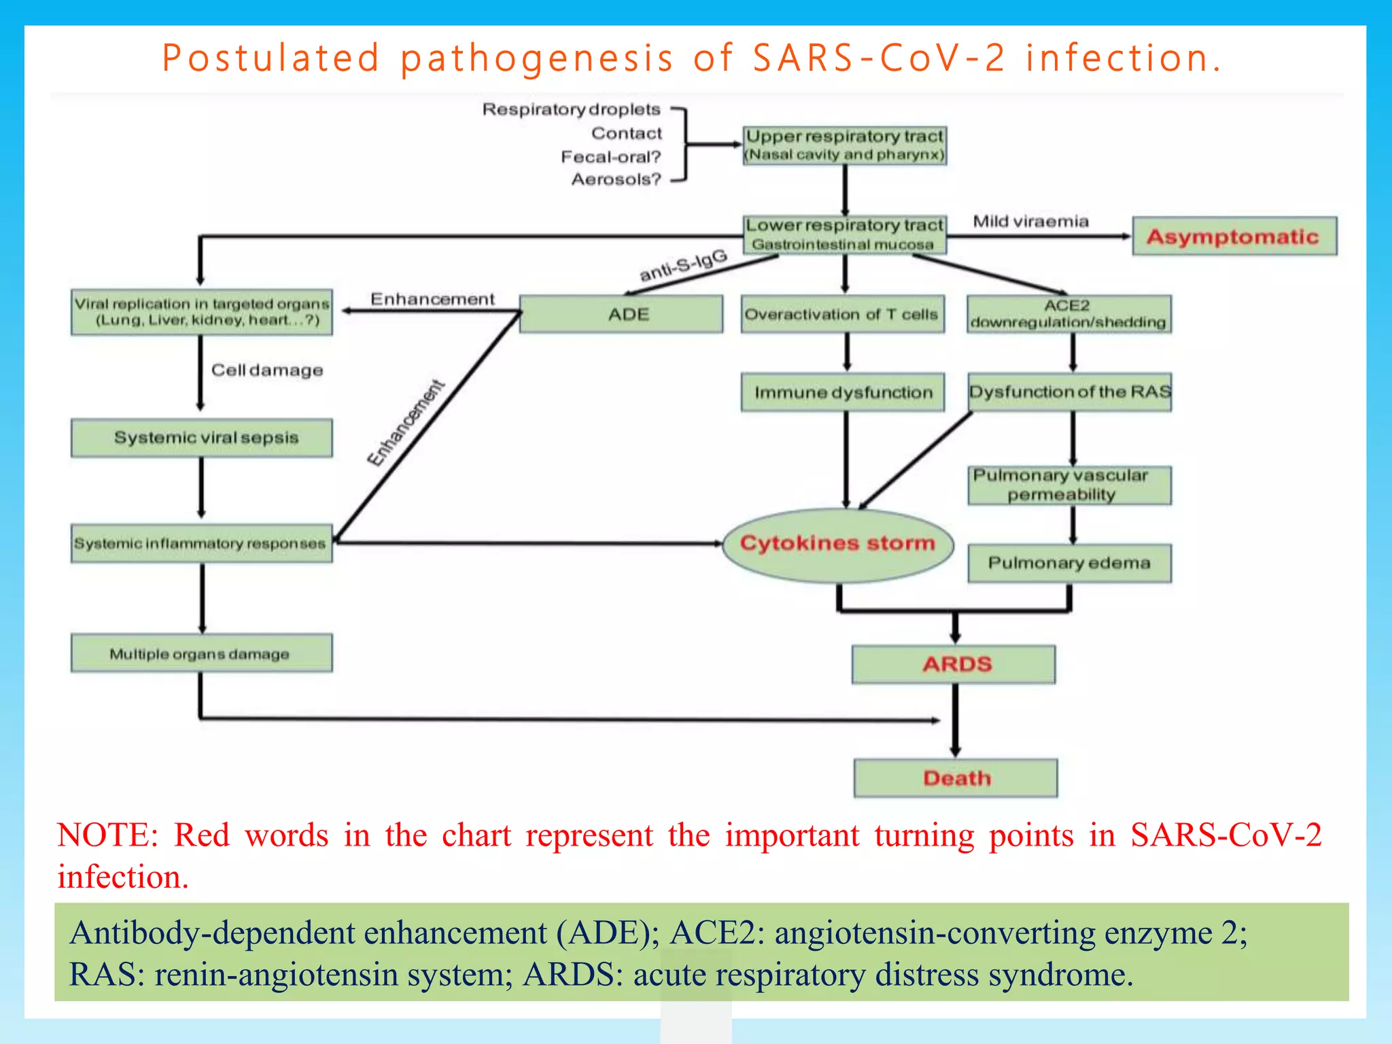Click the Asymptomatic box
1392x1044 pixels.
tap(1234, 237)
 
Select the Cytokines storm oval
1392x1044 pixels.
tap(837, 544)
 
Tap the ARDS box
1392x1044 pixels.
tap(954, 664)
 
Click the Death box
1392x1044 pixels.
tap(956, 778)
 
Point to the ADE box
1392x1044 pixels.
tap(621, 314)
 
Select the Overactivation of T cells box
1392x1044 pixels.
tap(842, 314)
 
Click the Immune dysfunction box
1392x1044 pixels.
tap(842, 392)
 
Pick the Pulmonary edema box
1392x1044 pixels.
tap(1069, 563)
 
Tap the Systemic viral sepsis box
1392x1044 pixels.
tap(202, 437)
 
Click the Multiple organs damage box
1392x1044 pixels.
tap(202, 653)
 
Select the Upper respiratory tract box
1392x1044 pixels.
tap(844, 145)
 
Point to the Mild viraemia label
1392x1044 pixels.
tap(1030, 222)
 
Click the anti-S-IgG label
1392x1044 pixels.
tap(683, 266)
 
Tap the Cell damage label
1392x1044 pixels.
tap(267, 370)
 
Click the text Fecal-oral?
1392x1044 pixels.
tap(610, 157)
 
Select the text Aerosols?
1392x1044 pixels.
tap(616, 179)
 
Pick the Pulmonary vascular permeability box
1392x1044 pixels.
tap(1069, 485)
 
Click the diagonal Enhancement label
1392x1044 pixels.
tap(406, 423)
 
